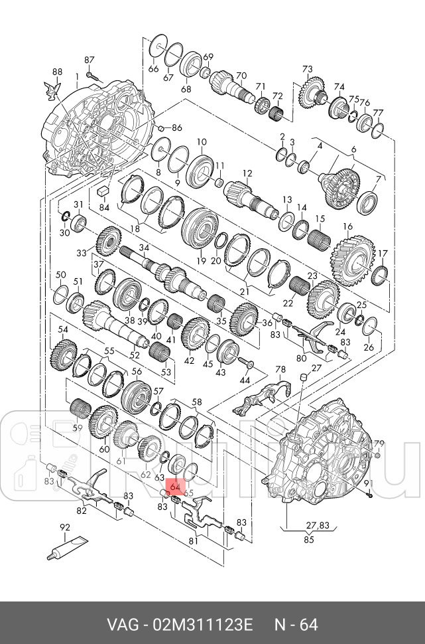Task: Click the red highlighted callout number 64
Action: point(175,487)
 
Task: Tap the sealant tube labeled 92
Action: point(68,547)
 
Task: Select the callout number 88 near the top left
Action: point(58,72)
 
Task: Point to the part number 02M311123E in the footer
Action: point(203,625)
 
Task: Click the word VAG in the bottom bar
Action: point(123,625)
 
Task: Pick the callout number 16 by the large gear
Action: point(347,226)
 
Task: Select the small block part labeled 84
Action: point(103,191)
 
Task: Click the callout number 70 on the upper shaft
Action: point(241,76)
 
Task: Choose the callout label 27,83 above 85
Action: point(318,526)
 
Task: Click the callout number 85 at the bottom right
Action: point(309,539)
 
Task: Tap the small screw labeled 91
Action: point(369,496)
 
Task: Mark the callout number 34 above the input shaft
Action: point(144,248)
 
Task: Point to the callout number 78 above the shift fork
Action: point(280,370)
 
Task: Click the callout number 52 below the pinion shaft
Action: point(135,355)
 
